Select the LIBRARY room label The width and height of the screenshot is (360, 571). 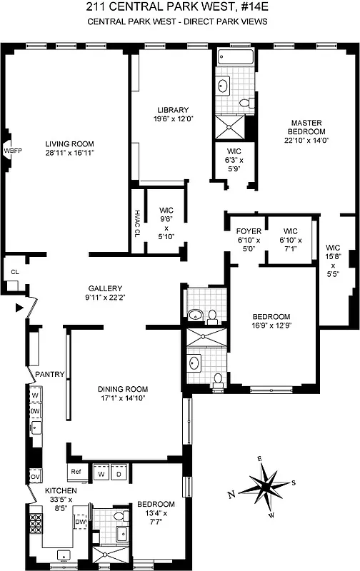173,110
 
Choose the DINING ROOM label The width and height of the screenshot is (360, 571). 123,389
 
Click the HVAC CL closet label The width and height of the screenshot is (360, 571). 136,221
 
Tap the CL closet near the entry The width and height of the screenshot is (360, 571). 14,272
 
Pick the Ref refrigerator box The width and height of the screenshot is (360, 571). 75,472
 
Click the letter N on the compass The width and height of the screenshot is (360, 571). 231,494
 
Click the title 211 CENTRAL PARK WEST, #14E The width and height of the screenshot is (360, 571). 180,9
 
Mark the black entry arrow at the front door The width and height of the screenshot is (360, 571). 19,308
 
